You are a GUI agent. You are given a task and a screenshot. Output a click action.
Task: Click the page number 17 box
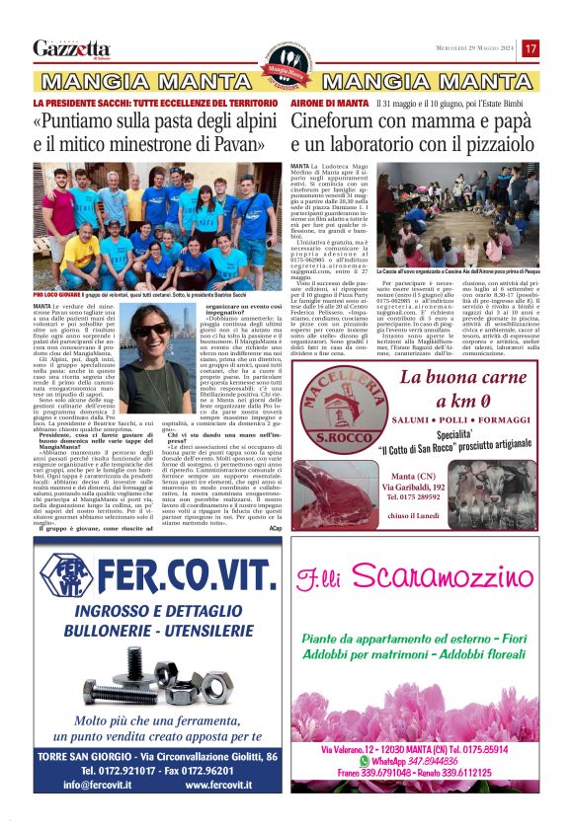[531, 48]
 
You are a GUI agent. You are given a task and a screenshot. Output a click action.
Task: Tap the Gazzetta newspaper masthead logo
[71, 48]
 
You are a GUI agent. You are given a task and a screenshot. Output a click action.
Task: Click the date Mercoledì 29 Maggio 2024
[471, 48]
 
